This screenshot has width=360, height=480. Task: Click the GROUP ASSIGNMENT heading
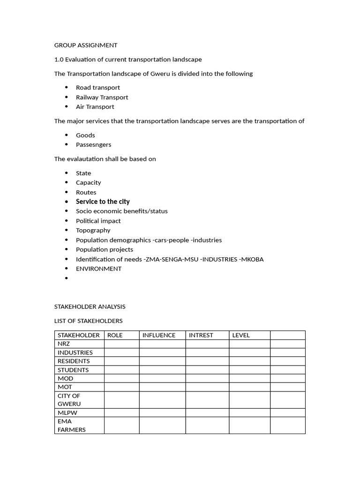click(86, 45)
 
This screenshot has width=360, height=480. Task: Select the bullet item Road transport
click(97, 88)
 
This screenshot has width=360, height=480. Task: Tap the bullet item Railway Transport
click(102, 97)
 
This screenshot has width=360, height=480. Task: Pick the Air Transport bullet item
click(95, 107)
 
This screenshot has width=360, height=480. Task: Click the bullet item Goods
click(85, 135)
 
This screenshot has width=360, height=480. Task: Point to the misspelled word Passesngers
click(93, 145)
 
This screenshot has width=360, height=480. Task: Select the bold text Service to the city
click(103, 202)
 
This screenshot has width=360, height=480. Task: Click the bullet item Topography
click(93, 230)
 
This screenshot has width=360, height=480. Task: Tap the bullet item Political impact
click(98, 221)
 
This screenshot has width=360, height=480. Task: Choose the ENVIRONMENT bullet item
click(98, 269)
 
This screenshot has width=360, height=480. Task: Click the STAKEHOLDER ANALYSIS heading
click(90, 307)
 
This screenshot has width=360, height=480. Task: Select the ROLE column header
click(115, 335)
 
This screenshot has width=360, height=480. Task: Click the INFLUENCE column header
click(159, 335)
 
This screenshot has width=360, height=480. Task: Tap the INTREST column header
click(201, 335)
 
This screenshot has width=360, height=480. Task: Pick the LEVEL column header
click(241, 335)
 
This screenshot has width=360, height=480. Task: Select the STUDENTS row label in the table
click(73, 370)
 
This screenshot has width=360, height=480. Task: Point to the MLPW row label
click(67, 413)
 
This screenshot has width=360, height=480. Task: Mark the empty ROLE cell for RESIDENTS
click(121, 361)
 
